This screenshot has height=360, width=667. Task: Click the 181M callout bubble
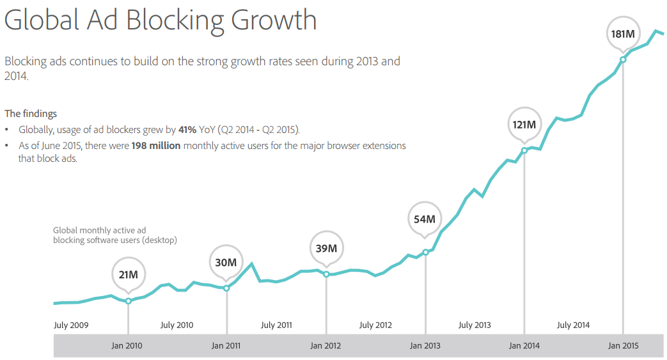[623, 33]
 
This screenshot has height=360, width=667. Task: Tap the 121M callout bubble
[524, 124]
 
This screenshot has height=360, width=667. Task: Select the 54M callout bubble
[425, 219]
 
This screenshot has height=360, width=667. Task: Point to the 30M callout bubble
[226, 262]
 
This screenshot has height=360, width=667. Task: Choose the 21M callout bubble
[128, 274]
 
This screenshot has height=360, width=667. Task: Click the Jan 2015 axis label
[623, 346]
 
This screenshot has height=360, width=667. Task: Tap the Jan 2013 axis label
[425, 346]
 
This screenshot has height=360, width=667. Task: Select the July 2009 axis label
[71, 325]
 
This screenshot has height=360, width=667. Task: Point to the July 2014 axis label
[573, 325]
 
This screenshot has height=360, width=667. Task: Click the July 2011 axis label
[276, 325]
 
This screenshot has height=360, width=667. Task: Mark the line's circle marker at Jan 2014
[524, 151]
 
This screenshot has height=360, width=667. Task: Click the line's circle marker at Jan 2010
[128, 301]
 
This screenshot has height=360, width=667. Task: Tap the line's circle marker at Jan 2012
[326, 274]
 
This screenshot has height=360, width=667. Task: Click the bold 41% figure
[187, 129]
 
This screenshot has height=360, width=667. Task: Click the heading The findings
[31, 114]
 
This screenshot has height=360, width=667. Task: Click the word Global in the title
[42, 20]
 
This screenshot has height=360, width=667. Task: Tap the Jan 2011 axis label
[226, 346]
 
